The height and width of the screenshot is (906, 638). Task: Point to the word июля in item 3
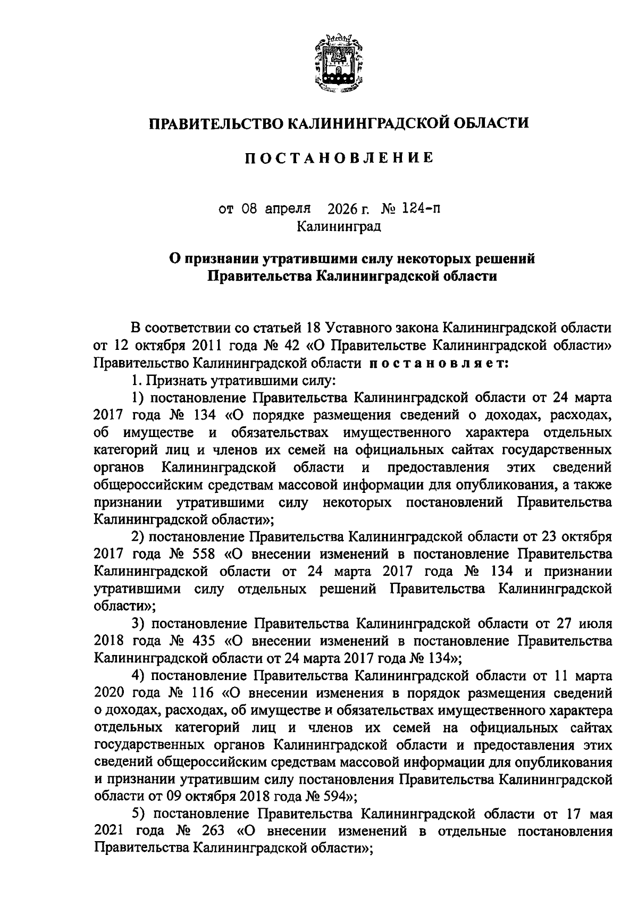(x=597, y=623)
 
